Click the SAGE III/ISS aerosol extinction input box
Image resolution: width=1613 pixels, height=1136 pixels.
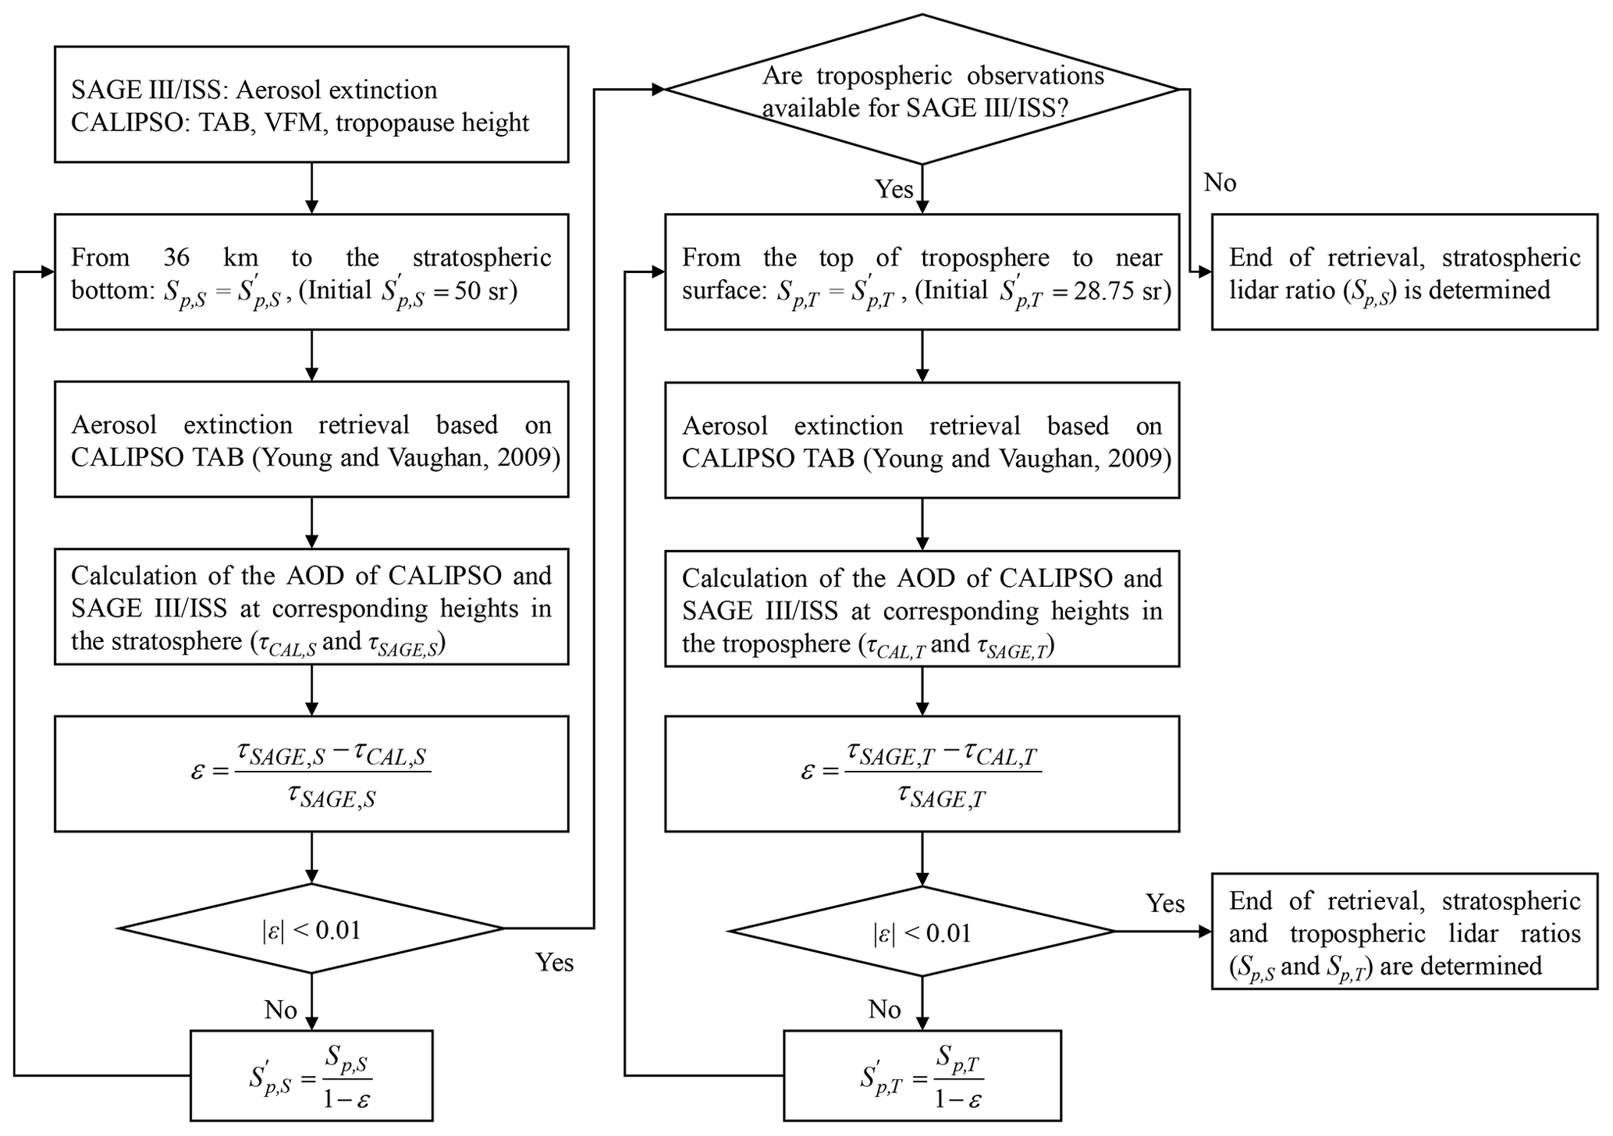point(311,105)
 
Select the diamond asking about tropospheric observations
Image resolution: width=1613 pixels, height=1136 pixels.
point(922,90)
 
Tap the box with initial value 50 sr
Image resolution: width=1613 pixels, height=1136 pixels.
point(311,272)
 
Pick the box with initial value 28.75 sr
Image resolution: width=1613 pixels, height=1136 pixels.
point(922,272)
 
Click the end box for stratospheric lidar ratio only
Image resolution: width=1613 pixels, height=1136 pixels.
point(1404,272)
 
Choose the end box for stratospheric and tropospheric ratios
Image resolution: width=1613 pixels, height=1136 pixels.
point(1404,932)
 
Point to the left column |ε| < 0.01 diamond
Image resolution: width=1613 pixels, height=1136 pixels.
point(311,929)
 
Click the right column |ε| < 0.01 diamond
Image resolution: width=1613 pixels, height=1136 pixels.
point(922,932)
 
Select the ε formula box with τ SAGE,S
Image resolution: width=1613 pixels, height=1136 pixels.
point(311,774)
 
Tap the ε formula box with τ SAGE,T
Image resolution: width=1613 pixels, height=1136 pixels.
point(922,774)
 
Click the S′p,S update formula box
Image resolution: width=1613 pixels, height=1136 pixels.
point(311,1076)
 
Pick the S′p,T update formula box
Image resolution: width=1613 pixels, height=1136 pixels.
point(922,1076)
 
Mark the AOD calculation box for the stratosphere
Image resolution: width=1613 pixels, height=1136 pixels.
point(311,607)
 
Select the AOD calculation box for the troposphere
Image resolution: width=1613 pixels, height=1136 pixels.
point(922,609)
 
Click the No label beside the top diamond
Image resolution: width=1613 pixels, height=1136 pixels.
point(1220,183)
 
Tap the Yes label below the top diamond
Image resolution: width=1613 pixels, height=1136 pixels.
point(894,189)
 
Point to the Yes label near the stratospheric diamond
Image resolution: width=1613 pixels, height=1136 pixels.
point(554,963)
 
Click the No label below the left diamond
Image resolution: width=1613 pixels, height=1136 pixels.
point(280,1010)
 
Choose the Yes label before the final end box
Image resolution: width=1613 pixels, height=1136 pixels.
point(1165,903)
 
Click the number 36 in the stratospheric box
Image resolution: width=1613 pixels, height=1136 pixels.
point(177,257)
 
